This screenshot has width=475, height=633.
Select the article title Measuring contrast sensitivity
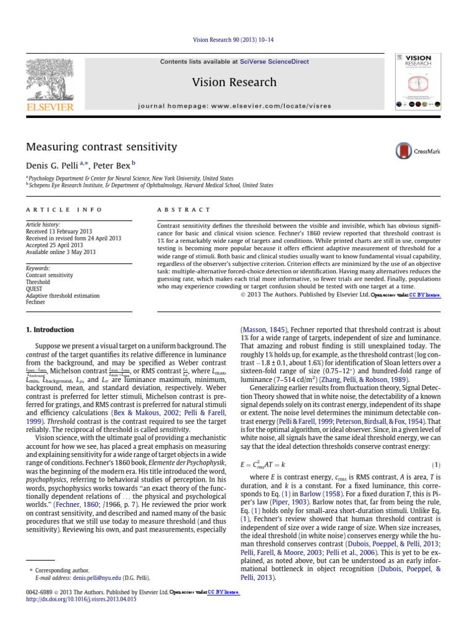(101, 147)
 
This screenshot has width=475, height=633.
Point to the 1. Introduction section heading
(49, 330)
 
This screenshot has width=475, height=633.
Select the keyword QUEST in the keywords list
(34, 288)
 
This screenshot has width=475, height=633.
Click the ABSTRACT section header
(184, 210)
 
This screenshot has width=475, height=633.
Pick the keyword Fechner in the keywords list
(35, 302)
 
